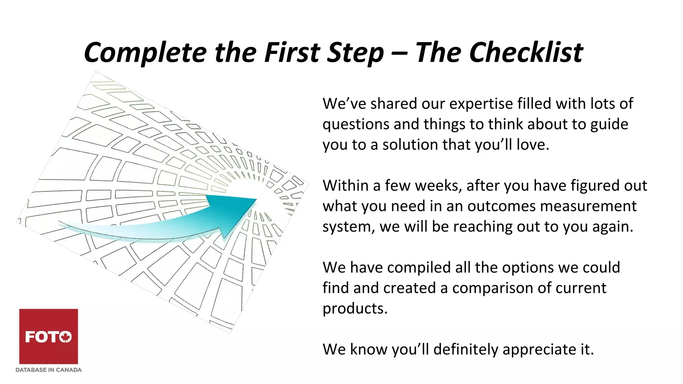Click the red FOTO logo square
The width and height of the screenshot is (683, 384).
point(49,336)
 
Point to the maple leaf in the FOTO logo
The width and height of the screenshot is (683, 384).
point(66,337)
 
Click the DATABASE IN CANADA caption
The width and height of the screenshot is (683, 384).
point(49,370)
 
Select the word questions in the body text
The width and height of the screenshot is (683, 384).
point(356,124)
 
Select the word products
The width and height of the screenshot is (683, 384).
point(355,308)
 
